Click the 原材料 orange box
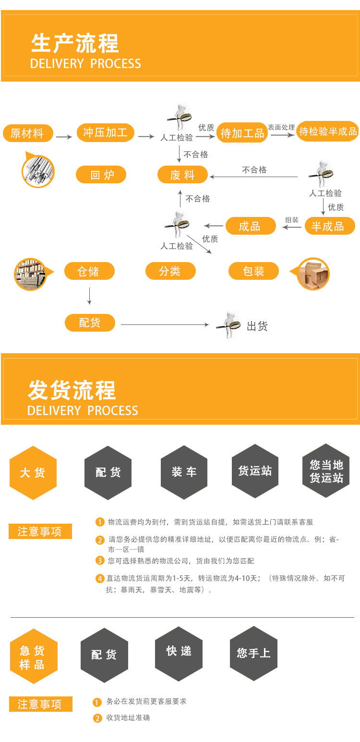click(x=28, y=133)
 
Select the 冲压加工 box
click(x=105, y=132)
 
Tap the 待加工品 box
click(x=242, y=133)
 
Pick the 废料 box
click(x=182, y=175)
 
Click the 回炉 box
click(x=101, y=175)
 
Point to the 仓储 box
click(x=89, y=271)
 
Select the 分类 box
click(x=170, y=271)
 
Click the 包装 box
click(x=253, y=271)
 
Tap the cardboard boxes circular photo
click(x=313, y=274)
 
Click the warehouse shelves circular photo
click(x=30, y=274)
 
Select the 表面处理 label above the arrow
click(x=281, y=127)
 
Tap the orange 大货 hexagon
click(x=33, y=473)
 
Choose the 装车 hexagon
click(x=184, y=472)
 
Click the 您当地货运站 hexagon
click(x=326, y=471)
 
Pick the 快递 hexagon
click(x=179, y=651)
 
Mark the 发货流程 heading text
click(x=72, y=390)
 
